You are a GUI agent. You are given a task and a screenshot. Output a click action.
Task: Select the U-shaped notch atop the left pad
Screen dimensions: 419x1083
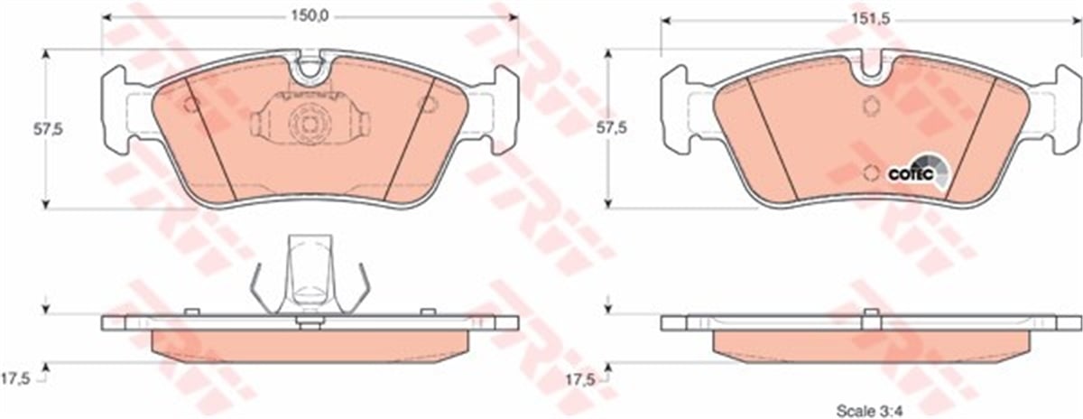[x=310, y=66]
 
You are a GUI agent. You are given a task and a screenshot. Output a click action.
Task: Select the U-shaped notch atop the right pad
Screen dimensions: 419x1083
[x=871, y=64]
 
